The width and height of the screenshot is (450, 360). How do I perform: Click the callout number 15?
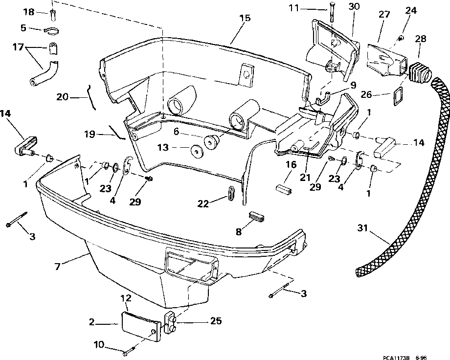pyautogui.click(x=245, y=18)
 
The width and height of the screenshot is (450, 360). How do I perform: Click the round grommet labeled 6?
pyautogui.click(x=211, y=142)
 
